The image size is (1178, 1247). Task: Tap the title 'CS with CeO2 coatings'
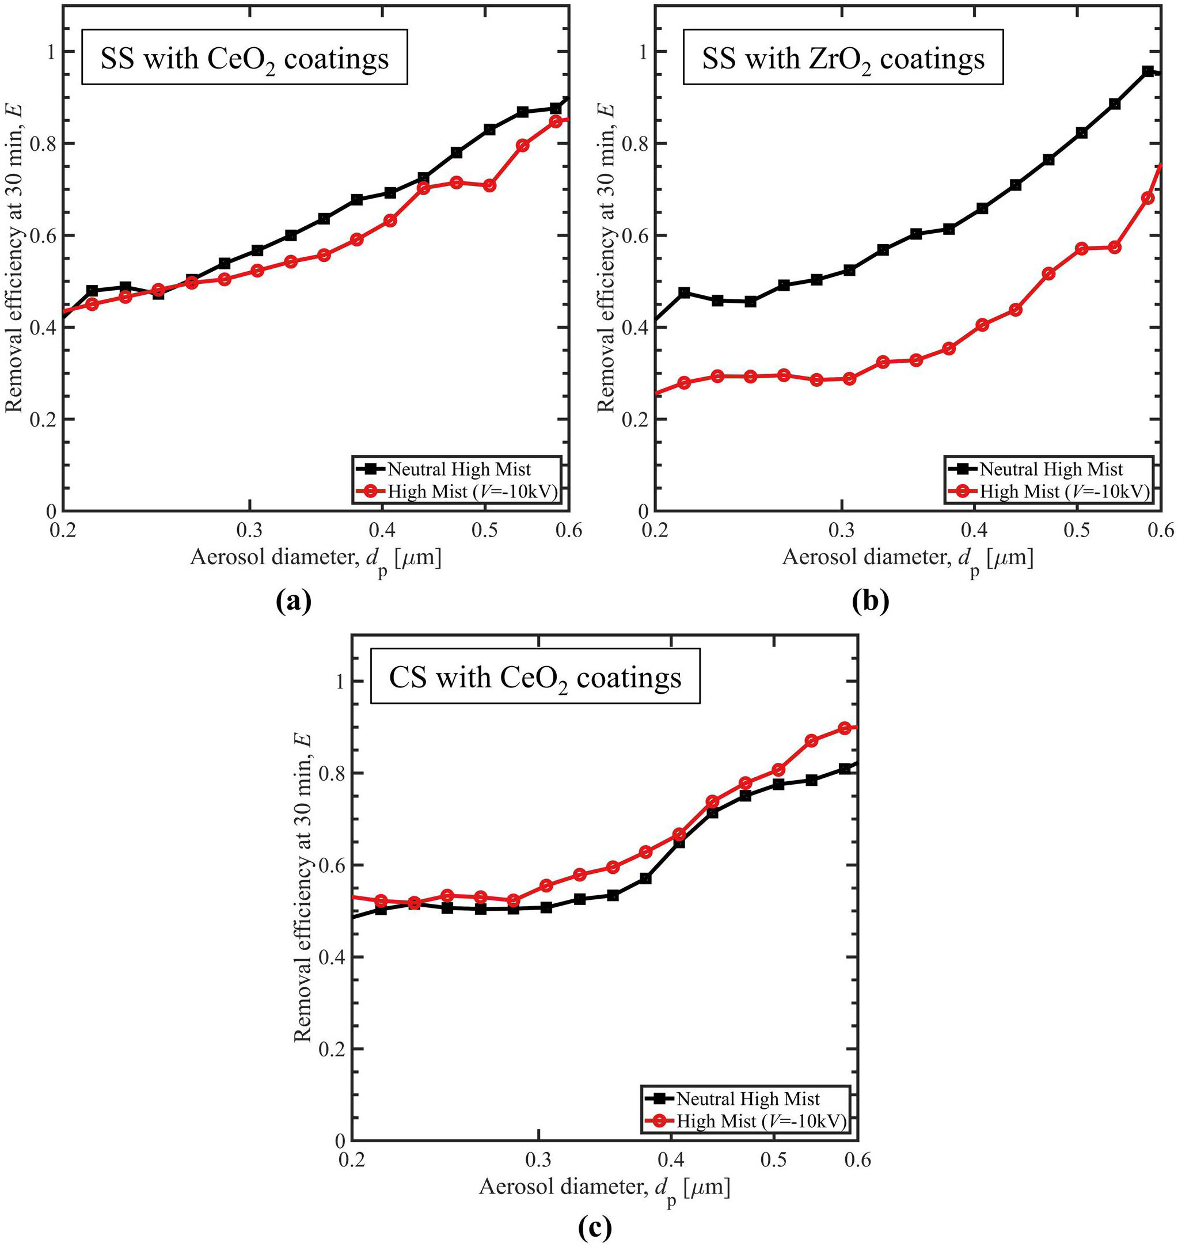pyautogui.click(x=535, y=679)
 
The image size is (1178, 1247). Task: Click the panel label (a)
pyautogui.click(x=293, y=601)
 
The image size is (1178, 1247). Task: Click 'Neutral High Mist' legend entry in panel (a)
pyautogui.click(x=459, y=469)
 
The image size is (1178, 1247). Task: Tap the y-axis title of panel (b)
pyautogui.click(x=605, y=257)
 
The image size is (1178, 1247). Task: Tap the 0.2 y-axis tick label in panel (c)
pyautogui.click(x=333, y=1049)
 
